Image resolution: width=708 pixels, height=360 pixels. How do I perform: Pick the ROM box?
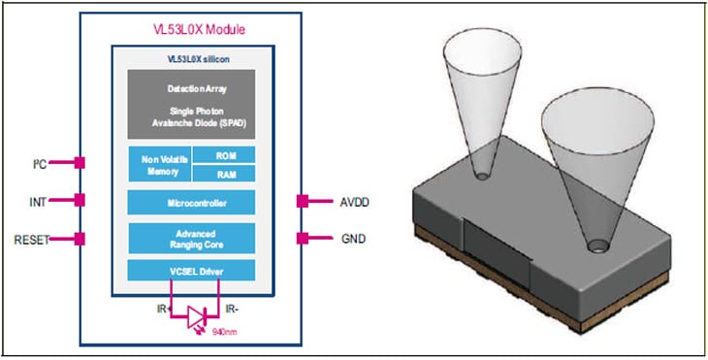pyautogui.click(x=223, y=154)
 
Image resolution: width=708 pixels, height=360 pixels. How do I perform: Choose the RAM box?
pyautogui.click(x=223, y=174)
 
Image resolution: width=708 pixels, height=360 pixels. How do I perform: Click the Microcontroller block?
pyautogui.click(x=191, y=202)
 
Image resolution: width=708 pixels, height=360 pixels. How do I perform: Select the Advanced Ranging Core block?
pyautogui.click(x=191, y=238)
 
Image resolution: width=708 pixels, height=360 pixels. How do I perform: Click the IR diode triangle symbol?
pyautogui.click(x=198, y=314)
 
